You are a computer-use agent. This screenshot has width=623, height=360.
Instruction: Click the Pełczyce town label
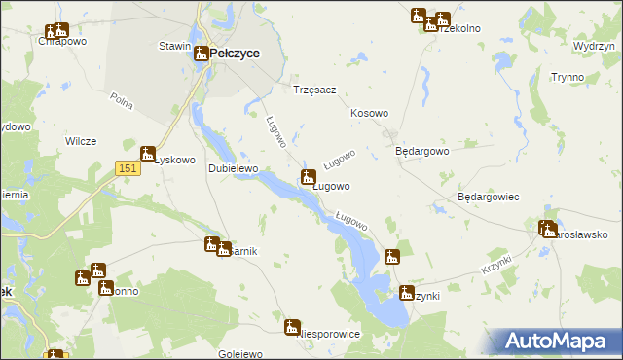pos(235,54)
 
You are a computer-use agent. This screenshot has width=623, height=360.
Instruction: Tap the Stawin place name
pos(173,46)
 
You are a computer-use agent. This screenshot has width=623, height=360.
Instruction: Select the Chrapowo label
pos(57,42)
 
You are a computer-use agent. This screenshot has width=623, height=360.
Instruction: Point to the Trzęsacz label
pos(314,90)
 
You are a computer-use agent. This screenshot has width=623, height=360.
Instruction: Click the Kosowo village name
pos(369,114)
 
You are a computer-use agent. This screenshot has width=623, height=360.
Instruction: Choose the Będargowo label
pos(421,152)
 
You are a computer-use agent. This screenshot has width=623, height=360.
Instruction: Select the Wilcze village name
pos(81,141)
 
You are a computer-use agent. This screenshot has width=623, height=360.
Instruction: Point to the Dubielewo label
pos(233,168)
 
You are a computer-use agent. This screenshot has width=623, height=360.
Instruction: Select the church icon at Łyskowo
pos(149,153)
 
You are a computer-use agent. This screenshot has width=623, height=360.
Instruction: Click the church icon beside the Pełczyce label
pos(200,54)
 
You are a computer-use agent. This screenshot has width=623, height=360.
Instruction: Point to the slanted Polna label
pos(122,99)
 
